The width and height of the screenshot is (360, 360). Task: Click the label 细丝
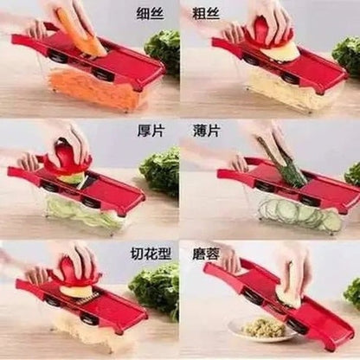point(150,14)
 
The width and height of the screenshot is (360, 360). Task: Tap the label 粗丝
point(206,14)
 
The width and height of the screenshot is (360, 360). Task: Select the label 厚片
point(150,132)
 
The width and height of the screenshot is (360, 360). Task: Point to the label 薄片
point(206,132)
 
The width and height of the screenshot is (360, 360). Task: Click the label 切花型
point(151,254)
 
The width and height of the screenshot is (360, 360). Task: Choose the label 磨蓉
point(206,254)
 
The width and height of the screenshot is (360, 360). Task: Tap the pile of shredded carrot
point(93,88)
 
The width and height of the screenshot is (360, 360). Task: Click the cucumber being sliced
point(283,162)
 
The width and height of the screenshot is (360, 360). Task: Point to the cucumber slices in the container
point(300,215)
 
